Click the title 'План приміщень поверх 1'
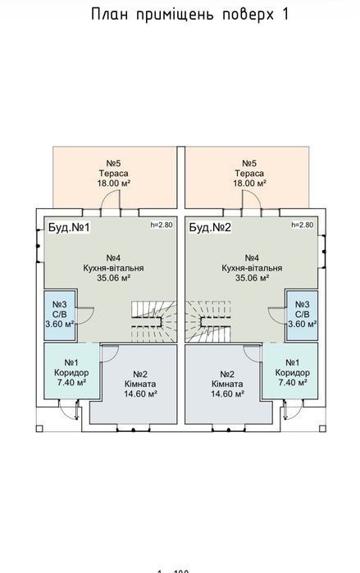point(189,15)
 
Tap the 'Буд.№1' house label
point(69,227)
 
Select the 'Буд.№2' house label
point(210,227)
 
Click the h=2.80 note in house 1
point(162,225)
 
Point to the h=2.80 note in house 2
point(303,225)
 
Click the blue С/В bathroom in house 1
point(60,316)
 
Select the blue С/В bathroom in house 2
point(302,316)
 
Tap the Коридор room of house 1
point(71,371)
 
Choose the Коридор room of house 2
point(289,371)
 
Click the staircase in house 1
point(154,321)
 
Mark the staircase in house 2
point(207,321)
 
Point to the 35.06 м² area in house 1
point(114,278)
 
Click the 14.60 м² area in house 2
point(228,394)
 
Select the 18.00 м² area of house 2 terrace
point(249,183)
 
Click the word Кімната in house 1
point(140,384)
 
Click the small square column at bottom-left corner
point(39,429)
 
